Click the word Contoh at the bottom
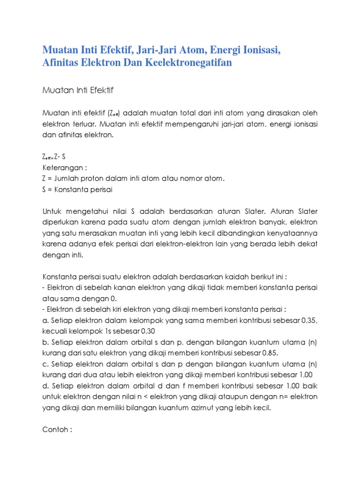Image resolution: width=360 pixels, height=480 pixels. tap(55, 429)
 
